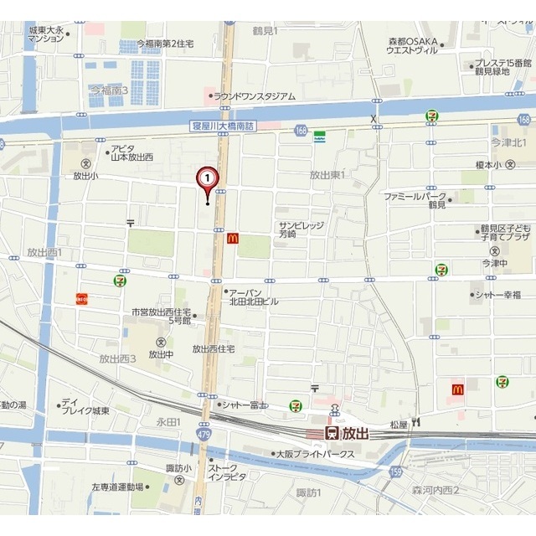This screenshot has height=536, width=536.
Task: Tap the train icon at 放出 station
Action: point(332,433)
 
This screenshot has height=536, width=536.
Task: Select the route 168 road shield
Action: point(301,128)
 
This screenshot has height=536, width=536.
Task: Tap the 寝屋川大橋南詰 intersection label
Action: point(222,126)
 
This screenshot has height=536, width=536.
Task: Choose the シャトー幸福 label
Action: point(500,294)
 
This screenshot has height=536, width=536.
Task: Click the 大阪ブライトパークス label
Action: point(315,455)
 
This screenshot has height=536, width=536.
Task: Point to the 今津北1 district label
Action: point(508,143)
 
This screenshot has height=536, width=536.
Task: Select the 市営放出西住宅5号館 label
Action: point(162,316)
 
